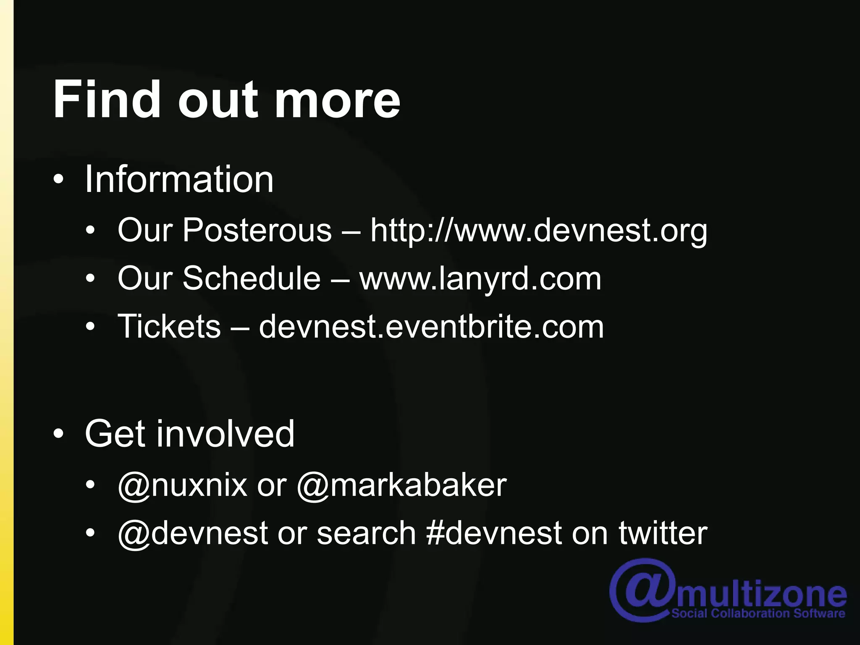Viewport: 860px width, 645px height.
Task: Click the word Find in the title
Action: [107, 100]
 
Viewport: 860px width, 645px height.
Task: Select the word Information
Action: [179, 179]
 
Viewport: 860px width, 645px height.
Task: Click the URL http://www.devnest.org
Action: [539, 231]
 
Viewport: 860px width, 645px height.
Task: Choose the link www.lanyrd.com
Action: [480, 278]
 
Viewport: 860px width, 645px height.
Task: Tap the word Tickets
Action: [169, 326]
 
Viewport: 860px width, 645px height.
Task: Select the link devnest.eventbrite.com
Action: [431, 326]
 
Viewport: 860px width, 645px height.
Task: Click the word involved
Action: [225, 433]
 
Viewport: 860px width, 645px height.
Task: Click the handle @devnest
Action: [193, 533]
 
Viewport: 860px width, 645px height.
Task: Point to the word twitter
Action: [663, 533]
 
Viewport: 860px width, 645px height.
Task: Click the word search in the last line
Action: [366, 533]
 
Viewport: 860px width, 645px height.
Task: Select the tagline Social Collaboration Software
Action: [758, 614]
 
